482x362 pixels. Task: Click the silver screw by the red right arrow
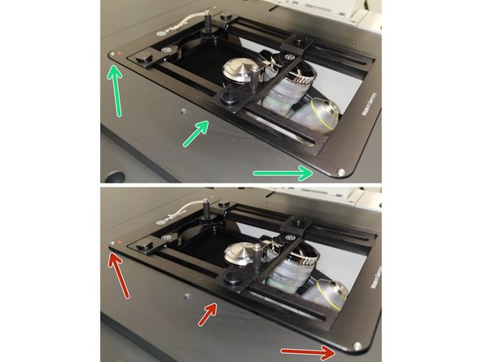pos(359,347)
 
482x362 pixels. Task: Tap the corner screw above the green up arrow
pos(112,55)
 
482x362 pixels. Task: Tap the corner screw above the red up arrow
pos(112,241)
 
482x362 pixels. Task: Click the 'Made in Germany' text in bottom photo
pos(370,285)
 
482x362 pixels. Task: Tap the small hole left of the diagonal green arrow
pos(184,108)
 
